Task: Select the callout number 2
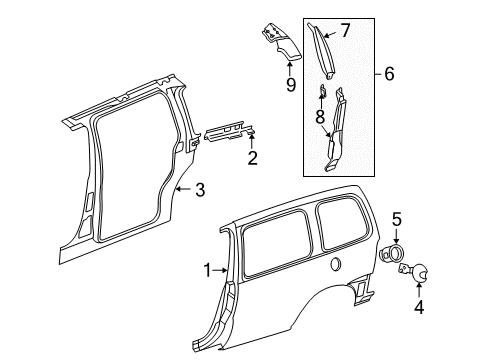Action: tap(252, 157)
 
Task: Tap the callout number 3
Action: tap(200, 188)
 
